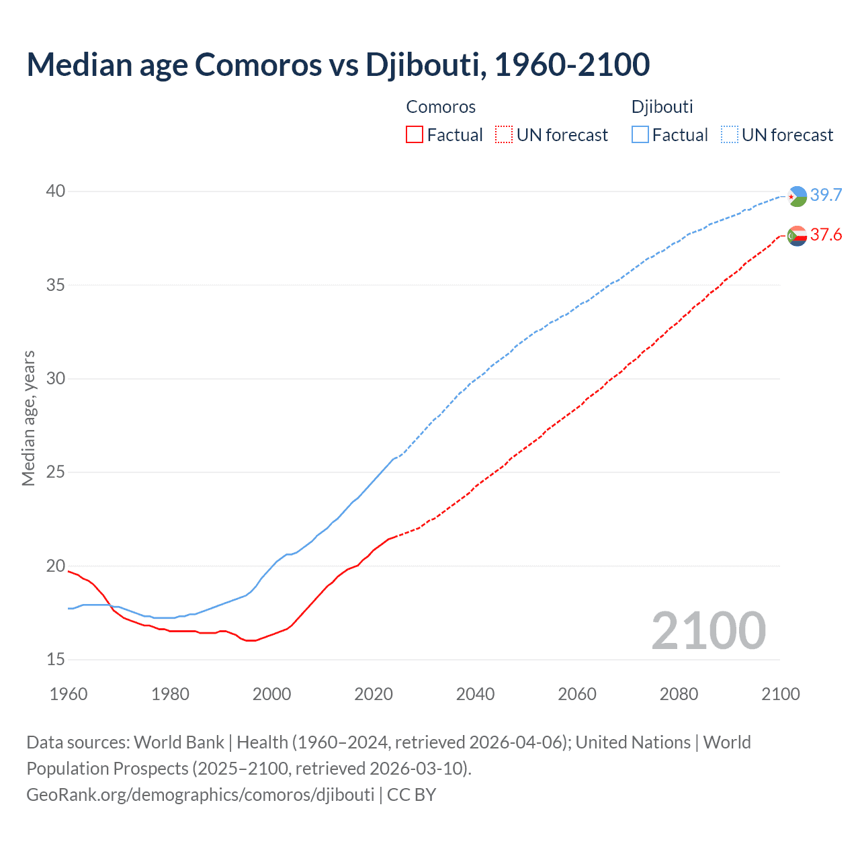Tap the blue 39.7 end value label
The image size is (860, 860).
click(826, 195)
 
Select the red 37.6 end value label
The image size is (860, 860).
click(826, 234)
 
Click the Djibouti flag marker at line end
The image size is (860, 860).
click(798, 196)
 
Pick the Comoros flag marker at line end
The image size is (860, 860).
click(798, 236)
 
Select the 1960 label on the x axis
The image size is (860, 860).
click(69, 694)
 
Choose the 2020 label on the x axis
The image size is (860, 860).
click(374, 694)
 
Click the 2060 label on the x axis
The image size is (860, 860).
click(577, 694)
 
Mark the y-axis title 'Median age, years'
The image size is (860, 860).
click(28, 418)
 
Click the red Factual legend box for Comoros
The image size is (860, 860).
click(415, 134)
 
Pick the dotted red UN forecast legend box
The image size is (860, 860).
click(504, 134)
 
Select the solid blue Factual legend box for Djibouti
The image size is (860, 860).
click(640, 134)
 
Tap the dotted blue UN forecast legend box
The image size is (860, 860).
click(730, 134)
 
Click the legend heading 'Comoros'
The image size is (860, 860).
click(441, 107)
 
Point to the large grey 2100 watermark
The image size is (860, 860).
click(708, 630)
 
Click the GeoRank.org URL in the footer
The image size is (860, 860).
click(200, 794)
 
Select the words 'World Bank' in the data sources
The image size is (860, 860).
click(179, 742)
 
